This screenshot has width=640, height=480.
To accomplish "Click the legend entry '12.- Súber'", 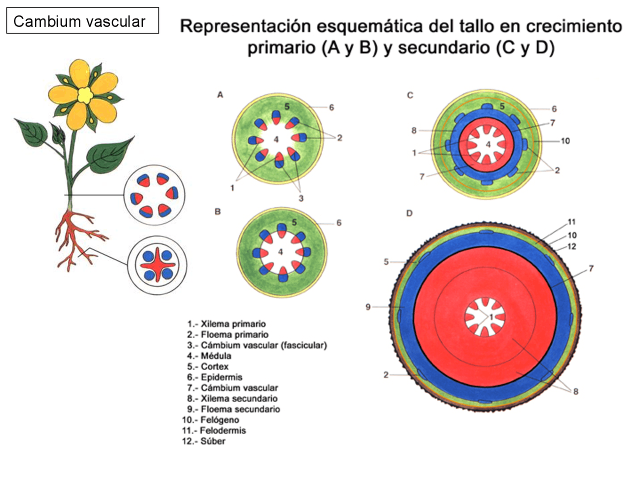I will click(203, 441).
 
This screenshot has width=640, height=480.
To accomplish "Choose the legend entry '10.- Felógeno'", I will click(210, 420).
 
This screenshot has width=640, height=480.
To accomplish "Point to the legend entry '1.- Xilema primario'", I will click(226, 324).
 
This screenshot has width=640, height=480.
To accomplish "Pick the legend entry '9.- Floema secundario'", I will click(233, 409).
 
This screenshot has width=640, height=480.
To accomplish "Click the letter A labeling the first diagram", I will click(220, 95).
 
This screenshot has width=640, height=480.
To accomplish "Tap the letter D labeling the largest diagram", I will click(409, 213).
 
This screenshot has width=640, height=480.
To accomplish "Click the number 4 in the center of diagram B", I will click(280, 252).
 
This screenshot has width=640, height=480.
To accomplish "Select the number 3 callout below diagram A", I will click(301, 198).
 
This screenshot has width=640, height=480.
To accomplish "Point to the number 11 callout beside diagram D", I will click(571, 222).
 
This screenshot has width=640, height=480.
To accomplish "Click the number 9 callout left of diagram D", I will click(368, 306).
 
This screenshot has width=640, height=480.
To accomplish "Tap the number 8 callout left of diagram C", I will click(414, 130).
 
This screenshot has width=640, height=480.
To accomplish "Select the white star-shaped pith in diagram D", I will click(484, 317).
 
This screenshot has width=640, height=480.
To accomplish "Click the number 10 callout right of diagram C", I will click(565, 141).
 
